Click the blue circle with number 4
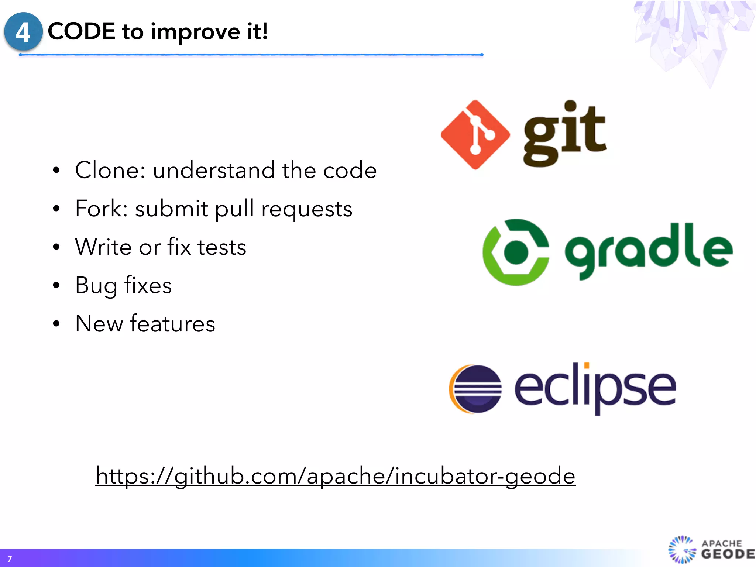(23, 31)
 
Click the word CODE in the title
(82, 31)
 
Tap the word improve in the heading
(195, 32)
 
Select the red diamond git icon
(475, 135)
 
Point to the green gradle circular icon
(516, 252)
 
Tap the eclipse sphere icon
(476, 389)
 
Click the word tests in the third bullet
(221, 247)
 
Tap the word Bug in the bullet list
(96, 286)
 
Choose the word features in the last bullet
(172, 324)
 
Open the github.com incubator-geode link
(335, 476)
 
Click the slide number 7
(10, 559)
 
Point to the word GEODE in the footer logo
(728, 554)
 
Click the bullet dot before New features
(56, 324)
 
